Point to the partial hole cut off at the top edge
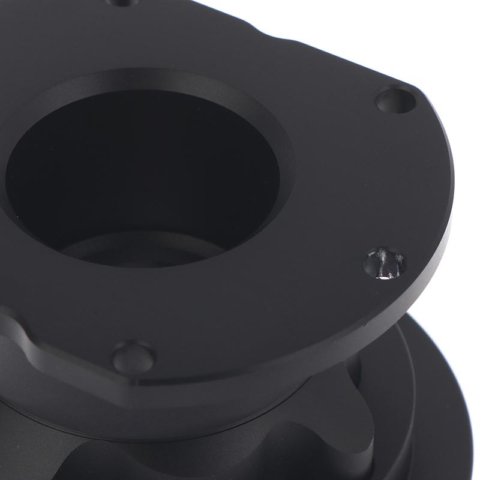point(123,2)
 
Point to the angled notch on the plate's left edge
point(18,336)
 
